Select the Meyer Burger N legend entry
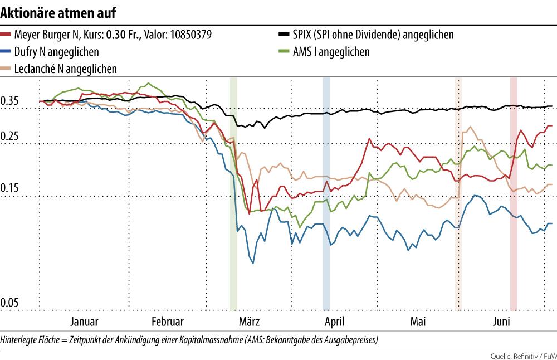[112, 35]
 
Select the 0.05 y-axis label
[11, 303]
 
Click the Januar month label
[85, 322]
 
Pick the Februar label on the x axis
[167, 322]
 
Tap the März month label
[249, 322]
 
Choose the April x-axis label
[334, 322]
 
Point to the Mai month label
[418, 322]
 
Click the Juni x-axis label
[502, 322]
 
